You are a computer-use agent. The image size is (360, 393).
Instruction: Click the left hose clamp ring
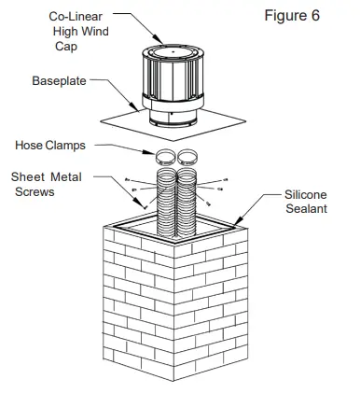(164, 156)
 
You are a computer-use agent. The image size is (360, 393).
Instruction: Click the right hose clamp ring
(190, 156)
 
